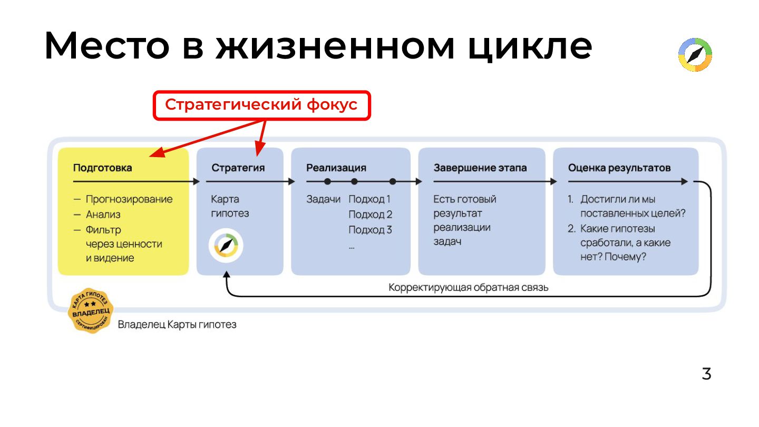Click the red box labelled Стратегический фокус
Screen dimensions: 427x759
(261, 105)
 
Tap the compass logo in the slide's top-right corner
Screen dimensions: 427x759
(695, 55)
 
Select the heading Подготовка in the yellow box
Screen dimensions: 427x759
(102, 168)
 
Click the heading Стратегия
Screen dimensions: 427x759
(238, 168)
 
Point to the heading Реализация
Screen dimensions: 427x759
(336, 168)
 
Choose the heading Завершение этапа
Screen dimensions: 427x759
(480, 168)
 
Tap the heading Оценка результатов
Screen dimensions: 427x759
(619, 168)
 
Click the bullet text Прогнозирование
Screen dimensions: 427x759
(129, 199)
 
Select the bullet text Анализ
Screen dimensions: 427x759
(103, 215)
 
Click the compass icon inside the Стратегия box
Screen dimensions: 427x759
(226, 246)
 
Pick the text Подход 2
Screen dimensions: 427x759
(370, 215)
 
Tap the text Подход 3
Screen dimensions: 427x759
(370, 230)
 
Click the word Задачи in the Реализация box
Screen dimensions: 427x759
(323, 199)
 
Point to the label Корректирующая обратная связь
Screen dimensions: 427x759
(469, 288)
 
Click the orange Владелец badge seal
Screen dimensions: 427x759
(90, 310)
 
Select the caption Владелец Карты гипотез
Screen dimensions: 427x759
(177, 324)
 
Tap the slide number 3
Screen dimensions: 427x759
(706, 374)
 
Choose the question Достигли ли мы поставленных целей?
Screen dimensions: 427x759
(631, 207)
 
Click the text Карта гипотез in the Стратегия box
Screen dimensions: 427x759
(230, 207)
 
